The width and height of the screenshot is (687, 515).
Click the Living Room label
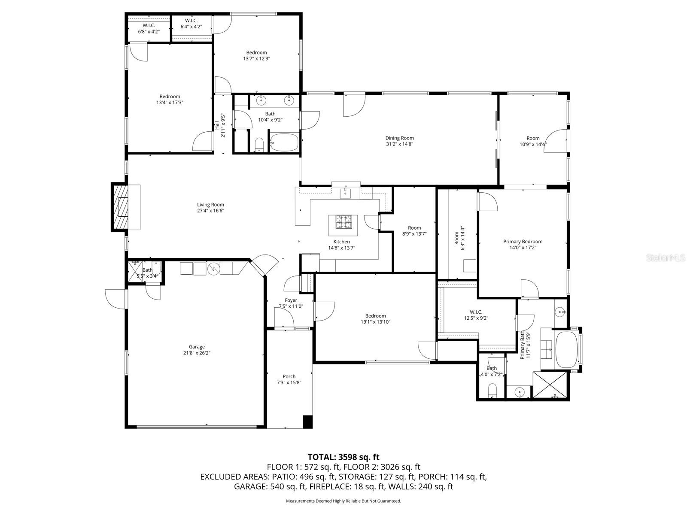(210, 205)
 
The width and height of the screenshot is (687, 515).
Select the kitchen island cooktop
(343, 222)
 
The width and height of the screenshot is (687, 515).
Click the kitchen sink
(345, 194)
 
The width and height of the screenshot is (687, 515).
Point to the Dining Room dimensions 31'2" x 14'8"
(399, 144)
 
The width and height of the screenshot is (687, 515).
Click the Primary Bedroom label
(523, 241)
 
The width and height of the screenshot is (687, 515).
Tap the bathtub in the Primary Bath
(566, 350)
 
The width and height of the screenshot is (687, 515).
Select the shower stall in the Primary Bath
(550, 385)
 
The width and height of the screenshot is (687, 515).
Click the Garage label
(197, 347)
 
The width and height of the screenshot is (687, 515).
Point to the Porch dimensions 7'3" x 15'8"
(289, 382)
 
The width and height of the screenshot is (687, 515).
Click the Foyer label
(291, 300)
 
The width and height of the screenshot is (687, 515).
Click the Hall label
(217, 125)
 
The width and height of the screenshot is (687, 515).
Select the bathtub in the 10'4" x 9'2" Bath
(284, 142)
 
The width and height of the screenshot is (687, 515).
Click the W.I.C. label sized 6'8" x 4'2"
(149, 25)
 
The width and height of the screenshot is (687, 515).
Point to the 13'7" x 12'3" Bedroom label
(256, 52)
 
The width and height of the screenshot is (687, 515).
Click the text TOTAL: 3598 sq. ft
(343, 457)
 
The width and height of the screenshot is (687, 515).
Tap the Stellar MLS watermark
(665, 257)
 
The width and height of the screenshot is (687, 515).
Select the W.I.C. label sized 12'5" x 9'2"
(476, 312)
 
